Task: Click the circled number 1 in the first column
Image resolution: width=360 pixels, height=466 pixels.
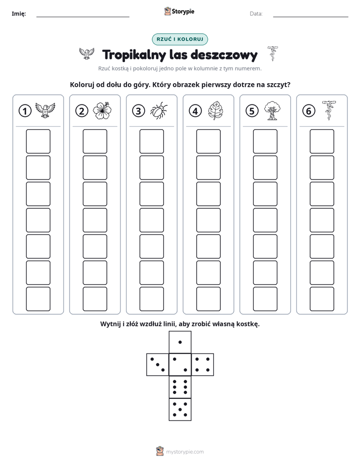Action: (25, 111)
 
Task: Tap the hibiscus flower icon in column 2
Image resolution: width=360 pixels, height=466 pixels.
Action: (102, 110)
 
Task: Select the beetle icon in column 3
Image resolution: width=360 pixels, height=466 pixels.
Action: (159, 111)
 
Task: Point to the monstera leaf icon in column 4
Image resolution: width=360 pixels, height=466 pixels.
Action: (216, 110)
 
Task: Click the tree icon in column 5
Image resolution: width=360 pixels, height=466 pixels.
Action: (272, 110)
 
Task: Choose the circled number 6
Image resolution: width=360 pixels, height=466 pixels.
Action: (309, 111)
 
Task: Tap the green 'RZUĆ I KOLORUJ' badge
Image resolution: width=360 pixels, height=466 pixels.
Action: (179, 39)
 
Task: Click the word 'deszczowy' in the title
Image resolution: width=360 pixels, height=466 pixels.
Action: (224, 54)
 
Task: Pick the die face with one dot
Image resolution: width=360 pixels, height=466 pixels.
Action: (180, 342)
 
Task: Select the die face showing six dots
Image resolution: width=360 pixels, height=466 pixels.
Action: (180, 387)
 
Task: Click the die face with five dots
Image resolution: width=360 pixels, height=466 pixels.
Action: (180, 410)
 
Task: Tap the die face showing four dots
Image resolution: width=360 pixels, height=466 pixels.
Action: (203, 365)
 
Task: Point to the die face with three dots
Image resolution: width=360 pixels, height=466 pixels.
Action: (158, 365)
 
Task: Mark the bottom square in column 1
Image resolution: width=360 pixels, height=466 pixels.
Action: (38, 299)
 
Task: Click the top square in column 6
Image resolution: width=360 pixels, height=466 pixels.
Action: (322, 141)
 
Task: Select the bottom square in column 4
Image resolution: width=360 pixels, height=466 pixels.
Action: (209, 299)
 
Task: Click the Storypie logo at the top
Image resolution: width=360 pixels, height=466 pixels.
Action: (179, 12)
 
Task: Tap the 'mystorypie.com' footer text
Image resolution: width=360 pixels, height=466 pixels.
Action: (185, 452)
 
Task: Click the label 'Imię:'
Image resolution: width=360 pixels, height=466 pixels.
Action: (19, 14)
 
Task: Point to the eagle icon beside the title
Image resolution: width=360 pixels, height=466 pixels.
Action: (87, 53)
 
